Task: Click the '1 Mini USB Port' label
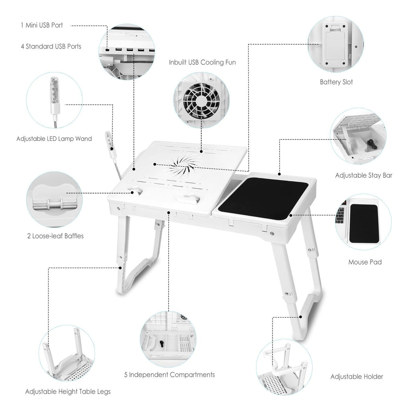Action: pos(41,25)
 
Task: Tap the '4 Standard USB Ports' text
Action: pos(51,47)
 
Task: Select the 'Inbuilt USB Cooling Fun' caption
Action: pos(202,63)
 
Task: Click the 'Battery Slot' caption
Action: pos(336,82)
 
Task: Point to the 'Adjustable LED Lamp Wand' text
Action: pos(54,139)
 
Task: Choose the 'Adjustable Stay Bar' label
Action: pos(363,175)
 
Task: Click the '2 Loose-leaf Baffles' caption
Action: pos(55,236)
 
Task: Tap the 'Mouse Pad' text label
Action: pos(365,262)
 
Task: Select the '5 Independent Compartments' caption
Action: pos(169,375)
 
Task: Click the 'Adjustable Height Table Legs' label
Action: pos(68,392)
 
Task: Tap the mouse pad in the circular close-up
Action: pos(363,223)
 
